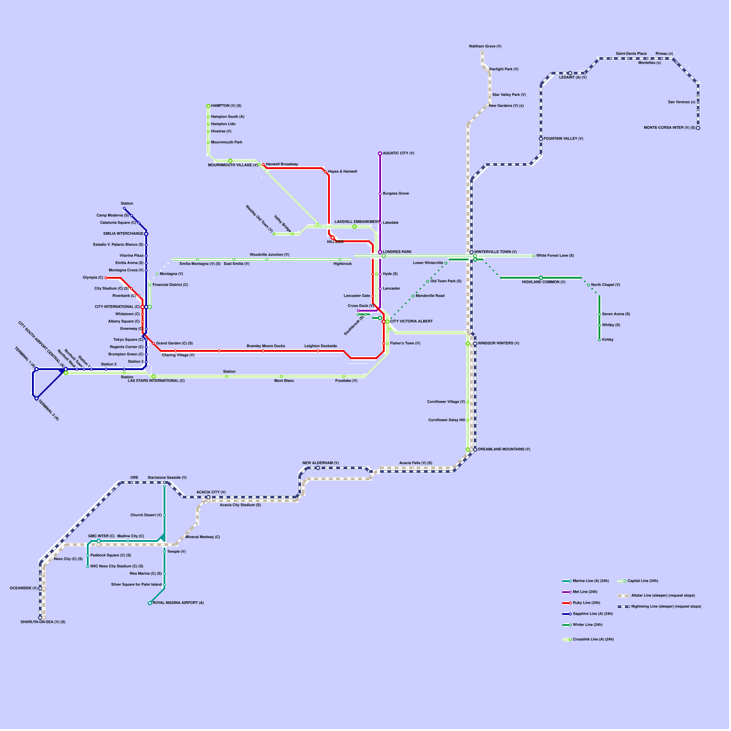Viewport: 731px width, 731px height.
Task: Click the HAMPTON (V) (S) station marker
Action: coord(208,106)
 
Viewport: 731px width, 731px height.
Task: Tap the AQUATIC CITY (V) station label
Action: coord(398,154)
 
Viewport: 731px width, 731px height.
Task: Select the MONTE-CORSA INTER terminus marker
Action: coord(698,128)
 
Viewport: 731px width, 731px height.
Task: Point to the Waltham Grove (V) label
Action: coord(485,46)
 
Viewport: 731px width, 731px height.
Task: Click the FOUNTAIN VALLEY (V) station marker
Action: coord(541,139)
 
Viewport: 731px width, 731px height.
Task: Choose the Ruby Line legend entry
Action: coord(581,603)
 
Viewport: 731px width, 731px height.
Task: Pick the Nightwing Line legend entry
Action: coord(659,607)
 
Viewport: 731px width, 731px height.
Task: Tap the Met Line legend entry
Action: coord(580,592)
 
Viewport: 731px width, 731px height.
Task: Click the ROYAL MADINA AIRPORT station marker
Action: coord(150,603)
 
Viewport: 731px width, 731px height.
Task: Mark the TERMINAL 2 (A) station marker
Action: coord(37,398)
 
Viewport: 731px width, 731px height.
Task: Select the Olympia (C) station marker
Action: coord(106,278)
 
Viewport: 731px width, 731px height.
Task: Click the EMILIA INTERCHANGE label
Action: coord(123,234)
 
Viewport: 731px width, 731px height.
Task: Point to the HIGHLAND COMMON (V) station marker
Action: coord(541,278)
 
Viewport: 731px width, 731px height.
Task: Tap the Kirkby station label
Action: coord(608,340)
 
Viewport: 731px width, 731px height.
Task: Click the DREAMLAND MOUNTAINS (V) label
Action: coord(504,450)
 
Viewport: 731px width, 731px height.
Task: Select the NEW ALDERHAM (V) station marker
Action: coord(318,468)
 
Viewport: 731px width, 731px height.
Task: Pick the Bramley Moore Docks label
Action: coord(266,346)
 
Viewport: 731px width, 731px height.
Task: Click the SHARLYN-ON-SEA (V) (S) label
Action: coord(43,622)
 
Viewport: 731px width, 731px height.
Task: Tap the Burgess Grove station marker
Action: coord(380,194)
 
